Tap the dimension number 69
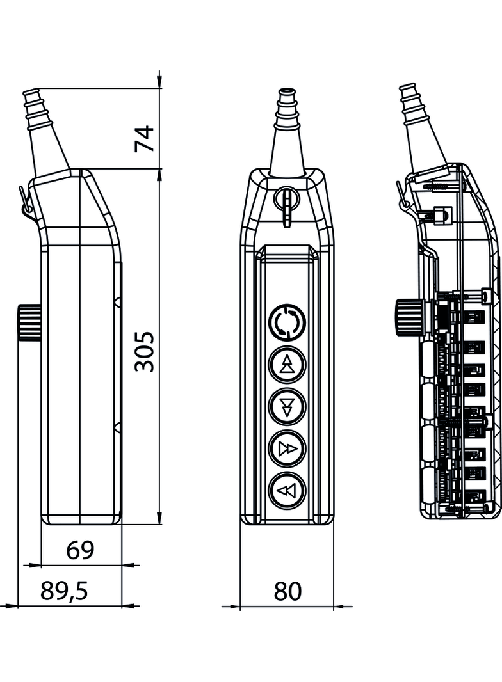point(81,550)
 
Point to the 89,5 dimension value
point(64,592)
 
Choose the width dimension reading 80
point(287,592)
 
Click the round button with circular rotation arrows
point(287,323)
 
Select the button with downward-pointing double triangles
point(287,405)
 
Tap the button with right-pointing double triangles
point(287,448)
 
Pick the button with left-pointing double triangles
point(287,491)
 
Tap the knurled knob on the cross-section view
point(407,317)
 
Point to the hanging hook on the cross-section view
point(401,196)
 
